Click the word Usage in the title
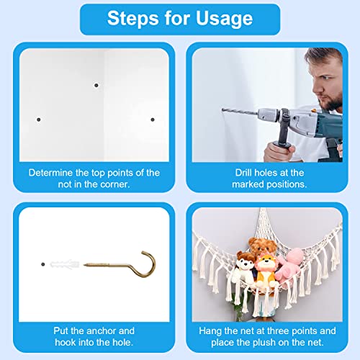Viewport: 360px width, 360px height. coord(224,19)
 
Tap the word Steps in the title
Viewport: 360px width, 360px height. coord(134,19)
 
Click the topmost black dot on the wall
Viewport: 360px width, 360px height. coord(96,85)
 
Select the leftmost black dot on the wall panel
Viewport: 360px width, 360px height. coord(39,120)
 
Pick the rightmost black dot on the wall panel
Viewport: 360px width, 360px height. coord(153,120)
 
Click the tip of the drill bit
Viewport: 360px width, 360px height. coord(222,109)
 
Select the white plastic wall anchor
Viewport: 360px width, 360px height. coord(65,264)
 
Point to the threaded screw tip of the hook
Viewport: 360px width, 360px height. coord(84,265)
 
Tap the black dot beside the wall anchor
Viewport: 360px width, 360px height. coord(43,264)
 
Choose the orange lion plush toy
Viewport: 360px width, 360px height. coord(266,271)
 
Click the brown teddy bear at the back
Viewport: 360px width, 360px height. coord(262,246)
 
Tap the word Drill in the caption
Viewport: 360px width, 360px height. coord(243,173)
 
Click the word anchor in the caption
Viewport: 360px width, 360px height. coord(102,330)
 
